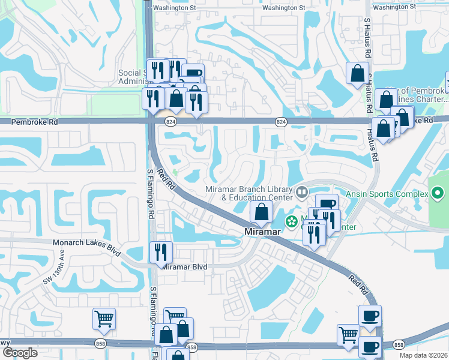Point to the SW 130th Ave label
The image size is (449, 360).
(53, 274)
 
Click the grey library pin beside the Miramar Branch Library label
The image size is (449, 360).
(301, 193)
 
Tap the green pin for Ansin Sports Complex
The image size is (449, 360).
(438, 194)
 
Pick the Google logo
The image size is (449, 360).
(20, 353)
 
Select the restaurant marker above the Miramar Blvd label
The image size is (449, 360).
(161, 252)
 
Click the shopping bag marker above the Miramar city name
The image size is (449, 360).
(261, 212)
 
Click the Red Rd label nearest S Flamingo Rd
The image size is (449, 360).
(165, 179)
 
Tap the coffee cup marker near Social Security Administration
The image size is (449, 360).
(193, 74)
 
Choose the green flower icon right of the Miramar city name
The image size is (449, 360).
(292, 222)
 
